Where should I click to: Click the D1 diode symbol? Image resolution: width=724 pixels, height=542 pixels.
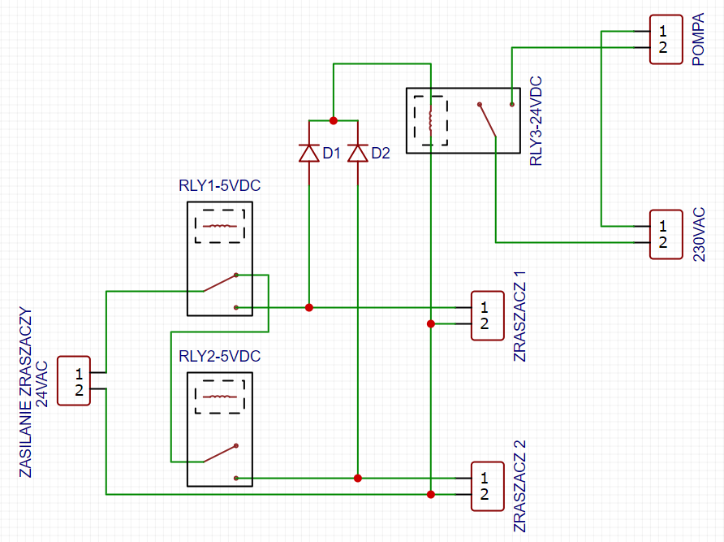(x=309, y=153)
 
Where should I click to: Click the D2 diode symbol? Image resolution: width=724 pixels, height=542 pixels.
(x=358, y=153)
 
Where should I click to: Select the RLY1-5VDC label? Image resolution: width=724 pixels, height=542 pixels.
(x=220, y=185)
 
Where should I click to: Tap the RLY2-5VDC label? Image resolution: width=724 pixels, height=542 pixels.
(x=220, y=356)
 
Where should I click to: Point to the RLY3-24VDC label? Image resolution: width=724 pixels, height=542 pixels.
(x=536, y=121)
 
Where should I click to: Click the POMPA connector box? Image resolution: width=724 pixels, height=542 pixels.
(x=666, y=39)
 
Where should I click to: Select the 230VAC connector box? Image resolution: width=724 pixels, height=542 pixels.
(x=666, y=235)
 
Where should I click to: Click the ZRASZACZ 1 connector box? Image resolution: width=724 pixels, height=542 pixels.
(x=487, y=316)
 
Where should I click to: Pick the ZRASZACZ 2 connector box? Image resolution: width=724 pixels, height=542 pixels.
(x=487, y=487)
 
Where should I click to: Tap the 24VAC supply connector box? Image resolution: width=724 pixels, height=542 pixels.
(x=73, y=381)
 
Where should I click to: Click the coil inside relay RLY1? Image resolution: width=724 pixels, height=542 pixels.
(x=220, y=226)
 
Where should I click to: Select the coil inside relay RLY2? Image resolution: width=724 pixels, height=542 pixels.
(x=220, y=397)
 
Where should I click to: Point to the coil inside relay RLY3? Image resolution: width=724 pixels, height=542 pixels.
(x=431, y=121)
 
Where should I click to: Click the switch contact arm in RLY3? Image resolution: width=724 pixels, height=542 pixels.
(x=487, y=120)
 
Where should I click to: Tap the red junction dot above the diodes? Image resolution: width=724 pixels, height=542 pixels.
(x=334, y=121)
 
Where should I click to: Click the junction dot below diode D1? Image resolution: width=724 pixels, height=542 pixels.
(x=309, y=307)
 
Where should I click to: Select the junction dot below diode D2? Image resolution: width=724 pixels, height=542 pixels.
(x=358, y=478)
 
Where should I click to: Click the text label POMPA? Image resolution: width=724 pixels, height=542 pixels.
(x=699, y=39)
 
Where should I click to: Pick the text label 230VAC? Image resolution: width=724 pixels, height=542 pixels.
(x=699, y=235)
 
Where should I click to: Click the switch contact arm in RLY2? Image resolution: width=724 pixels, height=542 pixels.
(x=220, y=453)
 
